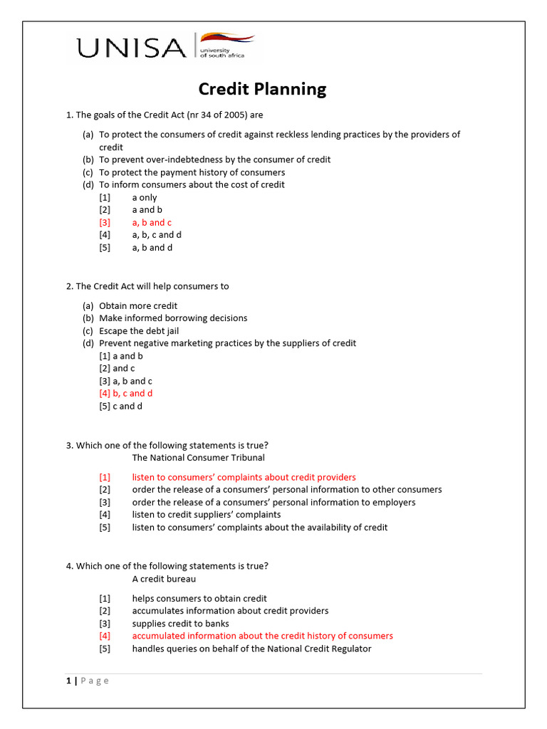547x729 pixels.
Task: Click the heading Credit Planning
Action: click(x=262, y=89)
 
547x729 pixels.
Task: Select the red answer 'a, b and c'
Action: click(x=152, y=223)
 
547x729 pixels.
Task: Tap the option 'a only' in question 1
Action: click(x=145, y=198)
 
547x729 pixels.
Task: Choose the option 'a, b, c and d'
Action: click(x=157, y=235)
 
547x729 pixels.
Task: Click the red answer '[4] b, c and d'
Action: click(x=126, y=394)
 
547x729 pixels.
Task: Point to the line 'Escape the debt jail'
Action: click(x=138, y=331)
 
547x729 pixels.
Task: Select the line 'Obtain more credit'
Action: click(x=138, y=306)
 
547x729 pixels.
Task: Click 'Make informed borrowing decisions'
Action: click(x=173, y=318)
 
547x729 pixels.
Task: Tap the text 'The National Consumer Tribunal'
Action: click(x=198, y=458)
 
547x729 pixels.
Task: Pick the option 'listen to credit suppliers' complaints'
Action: click(x=206, y=515)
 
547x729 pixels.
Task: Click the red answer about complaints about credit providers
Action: click(x=244, y=478)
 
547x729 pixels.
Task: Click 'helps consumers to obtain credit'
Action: click(x=199, y=599)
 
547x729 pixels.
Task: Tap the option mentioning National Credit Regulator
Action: click(x=251, y=649)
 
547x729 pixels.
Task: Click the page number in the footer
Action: click(x=69, y=681)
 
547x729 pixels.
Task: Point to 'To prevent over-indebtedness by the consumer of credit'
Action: click(x=214, y=159)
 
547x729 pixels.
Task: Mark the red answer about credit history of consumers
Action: click(x=262, y=636)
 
